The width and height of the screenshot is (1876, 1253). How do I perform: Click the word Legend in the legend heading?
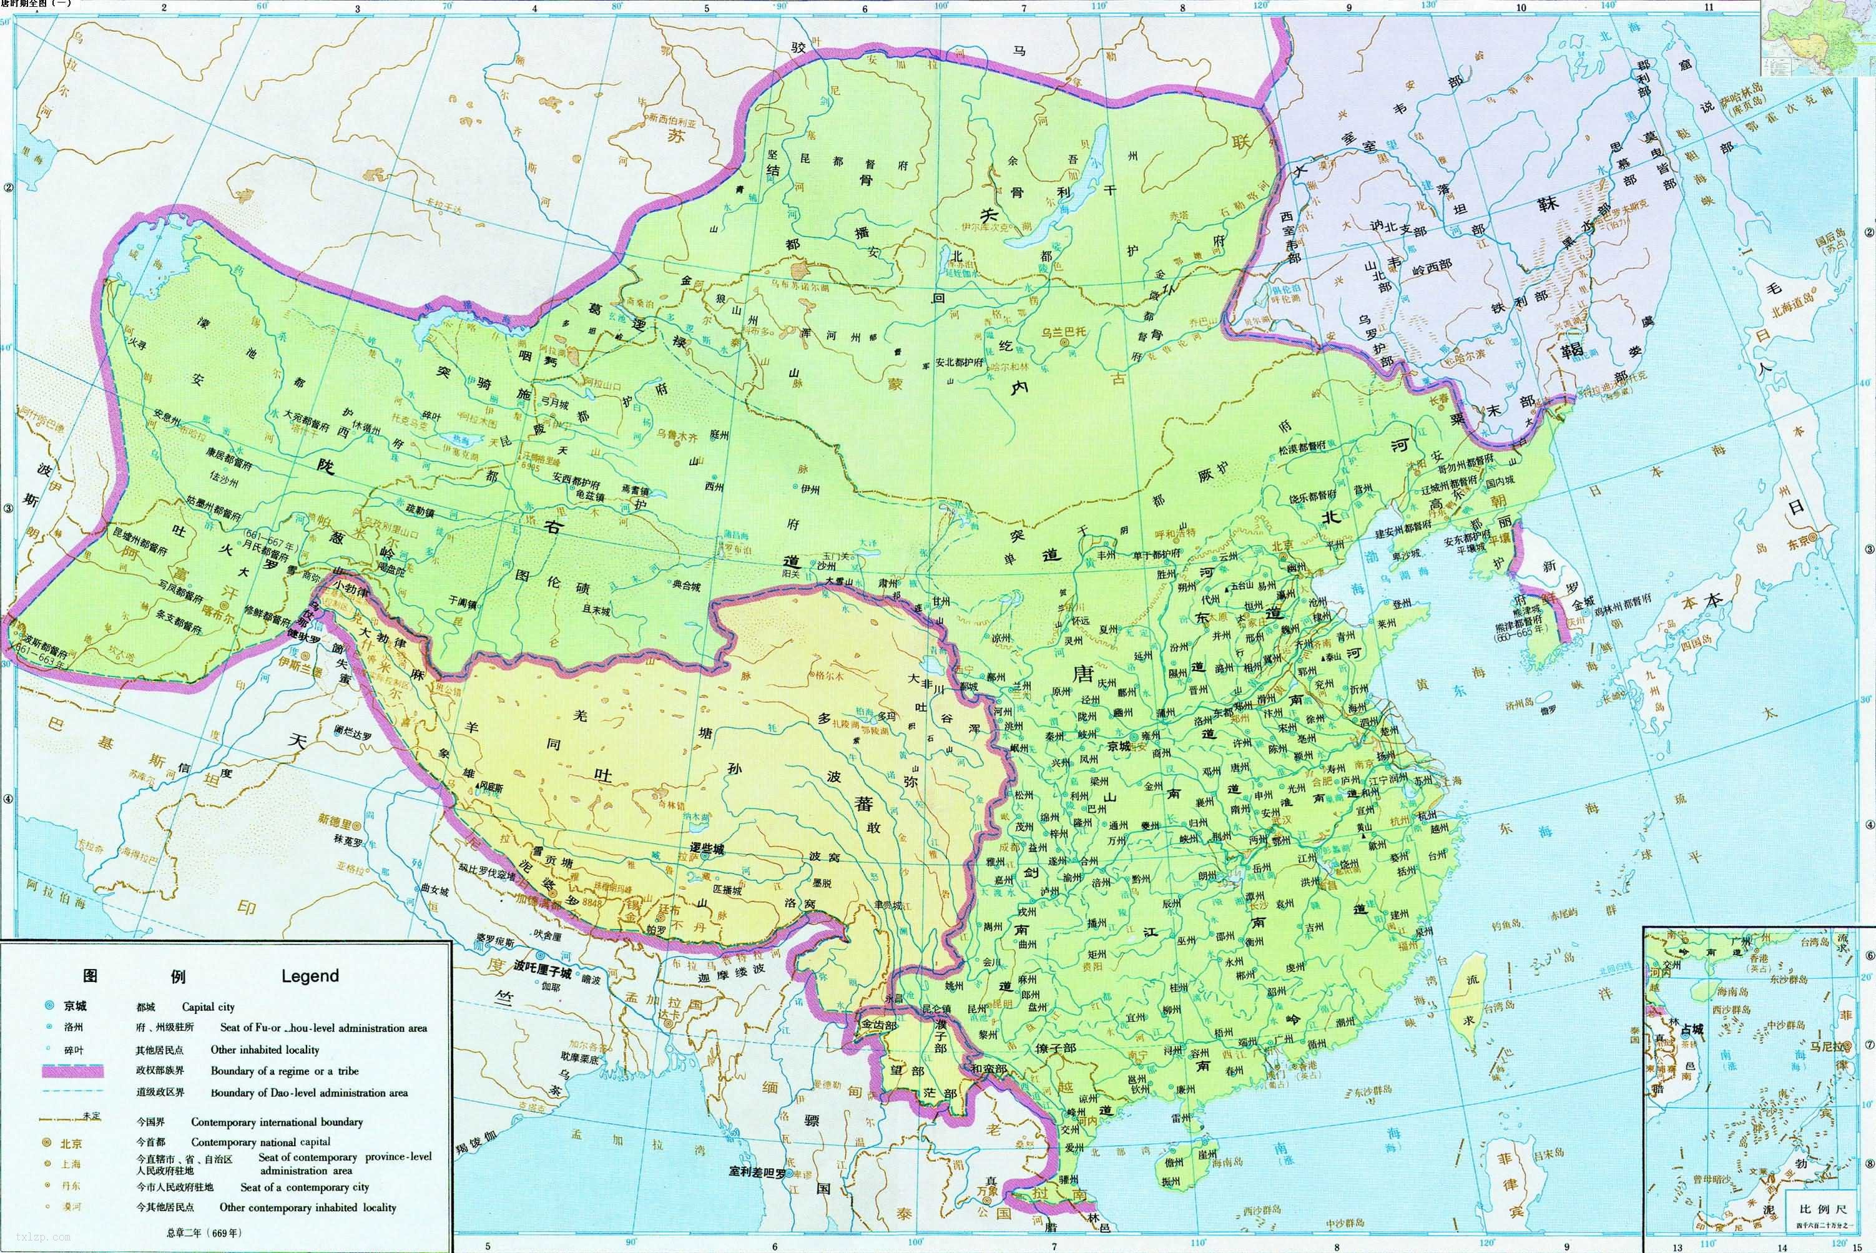coord(310,976)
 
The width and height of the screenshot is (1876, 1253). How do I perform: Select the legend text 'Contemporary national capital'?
coord(260,1142)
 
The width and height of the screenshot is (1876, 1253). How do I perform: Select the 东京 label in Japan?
coord(1798,541)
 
